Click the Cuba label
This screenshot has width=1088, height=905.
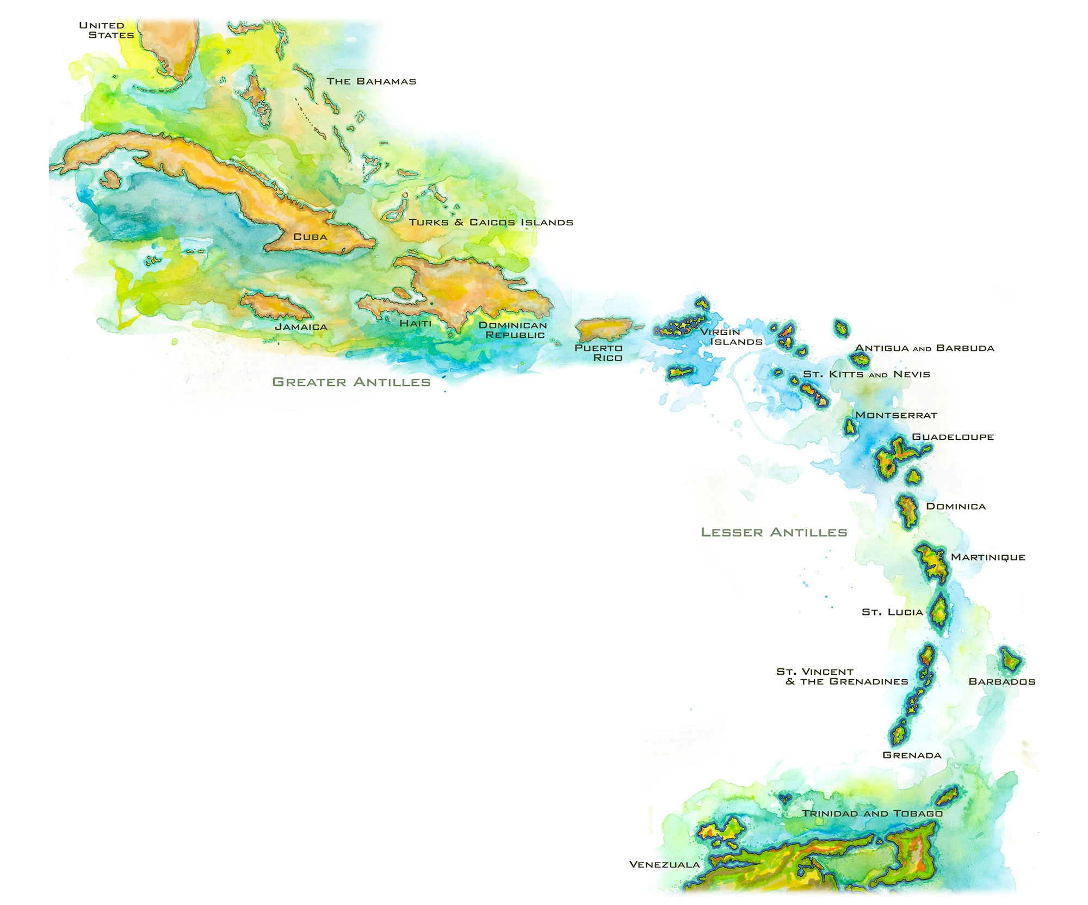pyautogui.click(x=310, y=237)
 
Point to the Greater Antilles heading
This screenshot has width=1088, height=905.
pyautogui.click(x=351, y=382)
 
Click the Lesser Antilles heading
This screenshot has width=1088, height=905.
pyautogui.click(x=774, y=532)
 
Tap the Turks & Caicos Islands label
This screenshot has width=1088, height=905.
pyautogui.click(x=491, y=222)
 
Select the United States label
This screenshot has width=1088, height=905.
pyautogui.click(x=107, y=30)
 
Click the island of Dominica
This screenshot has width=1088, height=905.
pyautogui.click(x=907, y=512)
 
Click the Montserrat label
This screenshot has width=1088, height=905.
pyautogui.click(x=896, y=415)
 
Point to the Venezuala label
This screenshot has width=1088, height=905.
pyautogui.click(x=664, y=864)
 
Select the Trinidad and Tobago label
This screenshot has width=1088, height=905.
pyautogui.click(x=872, y=813)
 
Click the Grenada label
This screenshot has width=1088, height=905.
pyautogui.click(x=912, y=755)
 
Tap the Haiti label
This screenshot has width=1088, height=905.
pyautogui.click(x=415, y=323)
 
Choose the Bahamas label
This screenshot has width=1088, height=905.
pyautogui.click(x=371, y=81)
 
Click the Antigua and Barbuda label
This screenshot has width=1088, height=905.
pyautogui.click(x=924, y=348)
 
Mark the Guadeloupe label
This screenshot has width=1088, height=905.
pyautogui.click(x=953, y=437)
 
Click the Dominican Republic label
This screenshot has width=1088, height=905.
pyautogui.click(x=513, y=330)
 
